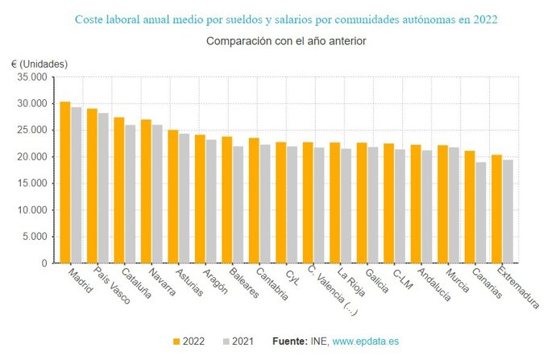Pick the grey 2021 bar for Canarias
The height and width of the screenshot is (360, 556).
(x=481, y=213)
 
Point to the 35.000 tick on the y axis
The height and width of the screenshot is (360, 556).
(x=32, y=77)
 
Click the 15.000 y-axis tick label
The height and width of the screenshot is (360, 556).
(x=32, y=184)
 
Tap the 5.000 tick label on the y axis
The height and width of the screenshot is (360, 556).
(x=35, y=237)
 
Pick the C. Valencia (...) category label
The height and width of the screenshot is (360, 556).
(x=324, y=290)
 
